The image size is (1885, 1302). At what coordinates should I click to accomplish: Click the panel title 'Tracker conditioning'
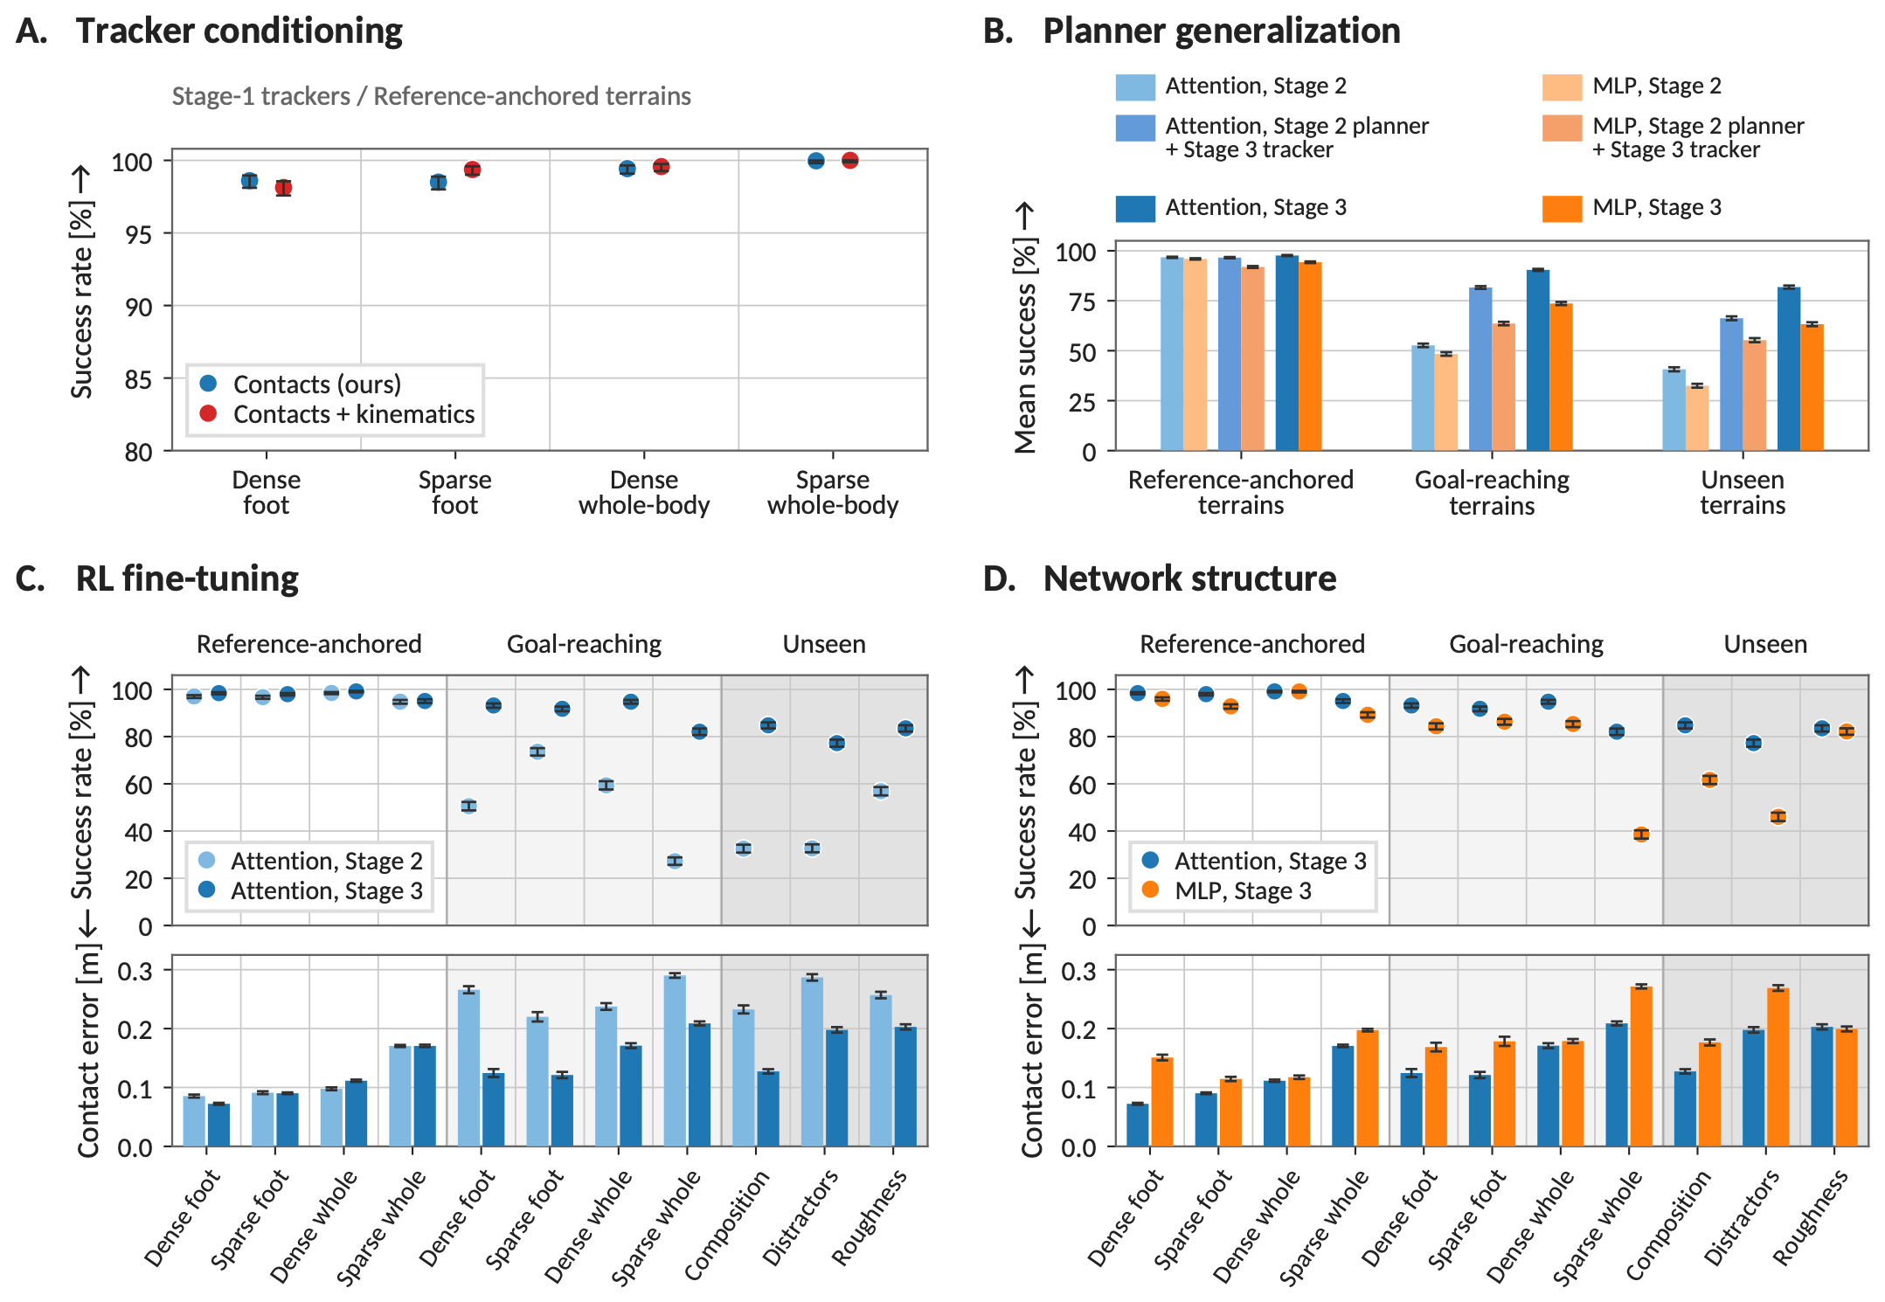239,31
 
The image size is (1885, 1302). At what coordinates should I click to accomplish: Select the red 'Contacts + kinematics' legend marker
208,413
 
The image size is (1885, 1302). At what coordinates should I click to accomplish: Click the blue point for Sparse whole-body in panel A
816,161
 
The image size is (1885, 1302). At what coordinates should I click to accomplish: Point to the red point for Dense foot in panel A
283,188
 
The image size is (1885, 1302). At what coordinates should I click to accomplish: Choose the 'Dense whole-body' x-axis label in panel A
644,492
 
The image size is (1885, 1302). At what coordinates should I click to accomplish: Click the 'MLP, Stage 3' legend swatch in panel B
1562,208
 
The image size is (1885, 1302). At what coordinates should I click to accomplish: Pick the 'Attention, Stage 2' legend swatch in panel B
1135,87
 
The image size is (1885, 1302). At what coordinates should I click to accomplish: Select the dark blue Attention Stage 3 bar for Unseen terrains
1789,369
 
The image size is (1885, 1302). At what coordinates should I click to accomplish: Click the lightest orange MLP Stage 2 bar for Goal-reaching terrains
1445,402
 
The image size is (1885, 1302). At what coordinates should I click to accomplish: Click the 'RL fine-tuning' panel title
187,578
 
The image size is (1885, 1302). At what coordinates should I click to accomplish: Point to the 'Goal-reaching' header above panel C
584,644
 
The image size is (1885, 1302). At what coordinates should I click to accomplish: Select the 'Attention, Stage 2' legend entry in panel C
311,861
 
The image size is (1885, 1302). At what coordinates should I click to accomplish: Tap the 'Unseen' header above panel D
1765,644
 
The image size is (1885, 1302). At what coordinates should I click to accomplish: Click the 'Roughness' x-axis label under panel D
1811,1217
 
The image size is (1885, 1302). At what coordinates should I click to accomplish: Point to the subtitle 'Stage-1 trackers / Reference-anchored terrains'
431,96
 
